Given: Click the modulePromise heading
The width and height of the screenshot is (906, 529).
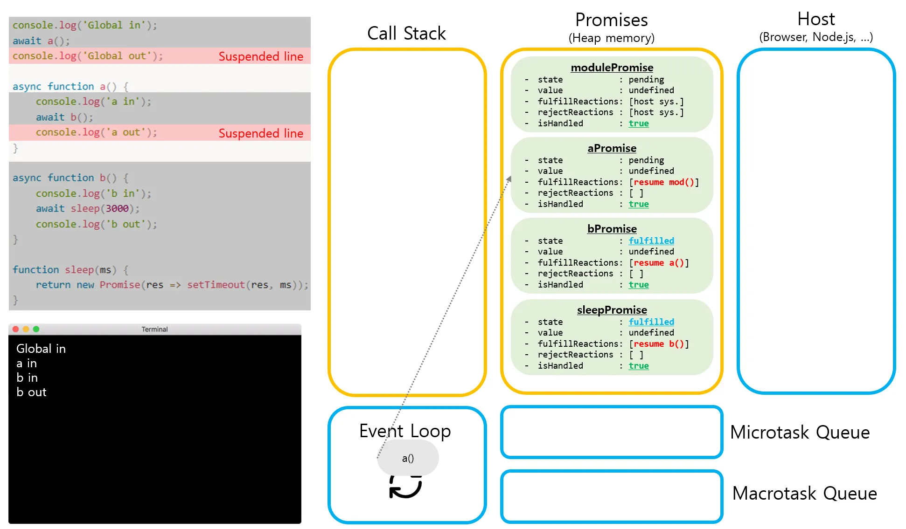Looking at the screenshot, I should [612, 68].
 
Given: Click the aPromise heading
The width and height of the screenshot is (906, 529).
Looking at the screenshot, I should [612, 148].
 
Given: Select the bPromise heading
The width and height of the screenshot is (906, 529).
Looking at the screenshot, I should [612, 229].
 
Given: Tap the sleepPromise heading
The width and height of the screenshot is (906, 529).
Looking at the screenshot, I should [612, 310].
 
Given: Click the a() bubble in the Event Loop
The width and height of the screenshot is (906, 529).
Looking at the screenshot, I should [408, 458].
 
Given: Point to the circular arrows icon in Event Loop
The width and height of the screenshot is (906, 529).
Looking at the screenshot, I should [405, 487].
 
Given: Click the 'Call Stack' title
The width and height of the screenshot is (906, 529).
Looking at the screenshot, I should [406, 34].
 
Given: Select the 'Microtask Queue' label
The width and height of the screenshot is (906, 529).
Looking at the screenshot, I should [800, 433].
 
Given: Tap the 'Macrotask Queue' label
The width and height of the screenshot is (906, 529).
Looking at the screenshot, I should [804, 493].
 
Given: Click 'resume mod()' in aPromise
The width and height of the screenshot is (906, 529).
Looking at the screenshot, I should [663, 182].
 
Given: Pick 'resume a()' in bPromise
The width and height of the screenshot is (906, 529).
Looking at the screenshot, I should [658, 263].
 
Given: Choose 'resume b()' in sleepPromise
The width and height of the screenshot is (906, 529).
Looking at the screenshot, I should [658, 344].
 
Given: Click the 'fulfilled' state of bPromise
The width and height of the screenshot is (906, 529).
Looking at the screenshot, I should [651, 241].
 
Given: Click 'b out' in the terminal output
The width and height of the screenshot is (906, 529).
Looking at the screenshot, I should [31, 392].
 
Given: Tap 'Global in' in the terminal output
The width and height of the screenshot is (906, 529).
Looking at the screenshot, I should [41, 349].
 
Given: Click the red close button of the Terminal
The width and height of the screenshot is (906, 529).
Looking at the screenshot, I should [15, 329].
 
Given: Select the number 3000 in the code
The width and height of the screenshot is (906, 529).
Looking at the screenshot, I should [117, 208].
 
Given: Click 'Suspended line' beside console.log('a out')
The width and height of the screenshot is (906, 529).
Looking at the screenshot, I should [261, 133].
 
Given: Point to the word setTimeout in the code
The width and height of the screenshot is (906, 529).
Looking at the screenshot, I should [216, 285].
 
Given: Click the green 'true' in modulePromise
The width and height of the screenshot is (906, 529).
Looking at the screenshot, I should [638, 124].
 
